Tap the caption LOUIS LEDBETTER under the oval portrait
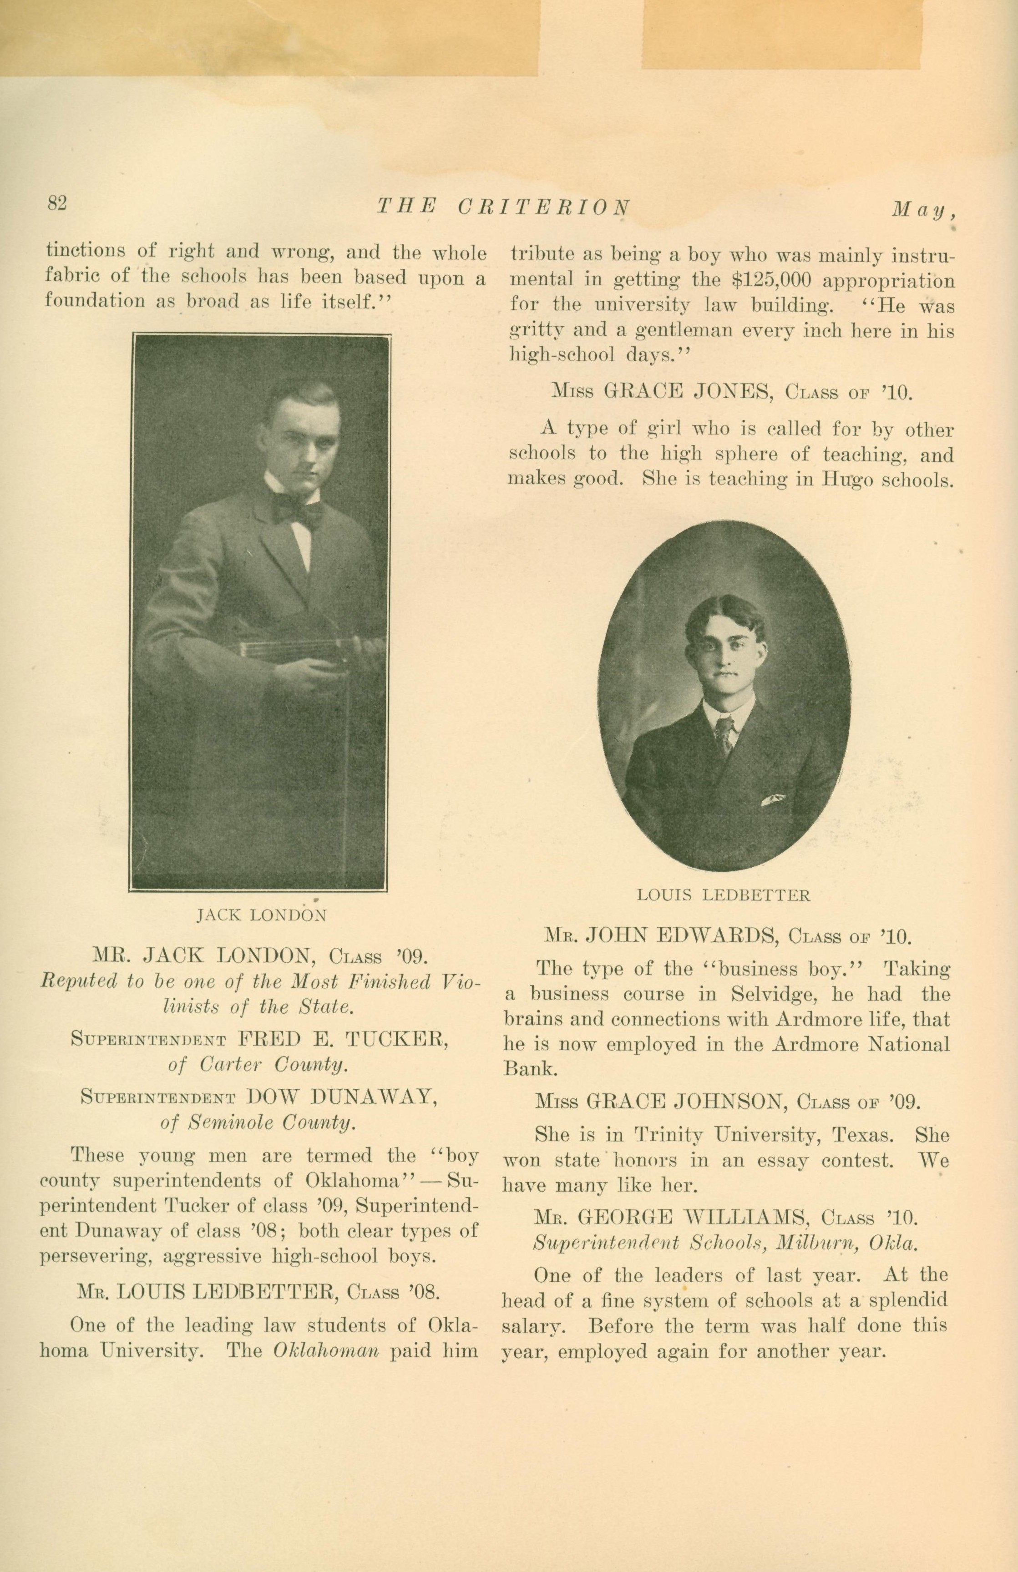point(724,895)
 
